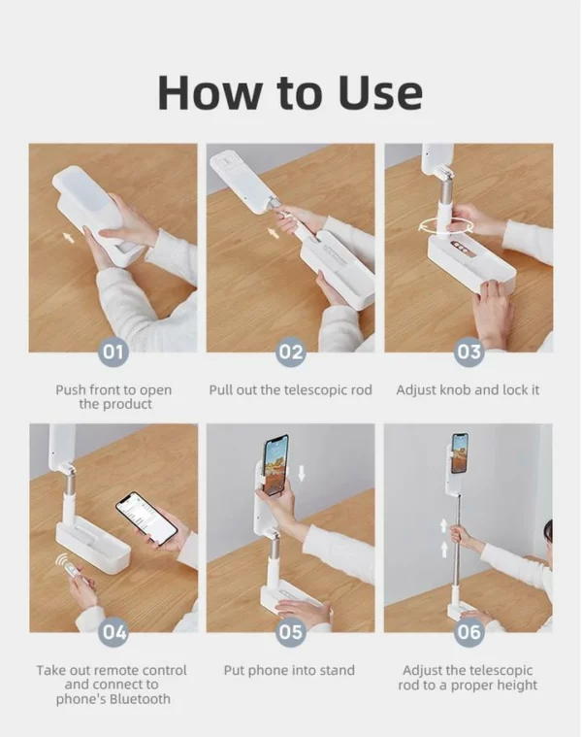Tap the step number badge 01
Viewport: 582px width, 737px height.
click(113, 352)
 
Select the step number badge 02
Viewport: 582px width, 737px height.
click(291, 352)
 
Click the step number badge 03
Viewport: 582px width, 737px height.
click(469, 352)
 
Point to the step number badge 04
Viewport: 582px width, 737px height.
click(113, 632)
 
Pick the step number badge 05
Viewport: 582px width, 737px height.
click(291, 632)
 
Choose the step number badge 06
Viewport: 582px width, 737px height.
click(469, 632)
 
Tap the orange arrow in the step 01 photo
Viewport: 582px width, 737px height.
click(69, 237)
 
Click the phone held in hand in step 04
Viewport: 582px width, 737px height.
click(146, 518)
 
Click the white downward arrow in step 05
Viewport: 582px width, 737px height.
click(302, 473)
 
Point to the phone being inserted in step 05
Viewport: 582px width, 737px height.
click(276, 465)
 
